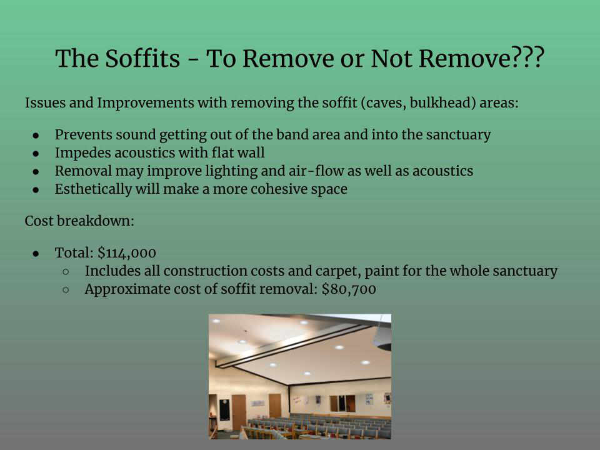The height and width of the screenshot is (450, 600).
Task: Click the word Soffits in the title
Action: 142,59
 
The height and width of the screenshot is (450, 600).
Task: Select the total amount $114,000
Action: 127,253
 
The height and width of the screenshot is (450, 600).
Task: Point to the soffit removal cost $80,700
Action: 349,289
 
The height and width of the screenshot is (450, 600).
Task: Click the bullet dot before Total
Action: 36,253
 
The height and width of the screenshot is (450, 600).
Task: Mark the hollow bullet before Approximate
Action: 66,290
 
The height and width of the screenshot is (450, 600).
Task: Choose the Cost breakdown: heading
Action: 79,221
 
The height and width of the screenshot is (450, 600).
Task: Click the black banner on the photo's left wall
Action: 224,409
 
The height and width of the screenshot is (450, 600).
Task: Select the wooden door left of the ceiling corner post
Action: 275,406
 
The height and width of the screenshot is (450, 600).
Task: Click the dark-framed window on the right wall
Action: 342,404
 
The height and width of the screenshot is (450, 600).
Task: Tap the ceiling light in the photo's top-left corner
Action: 216,321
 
